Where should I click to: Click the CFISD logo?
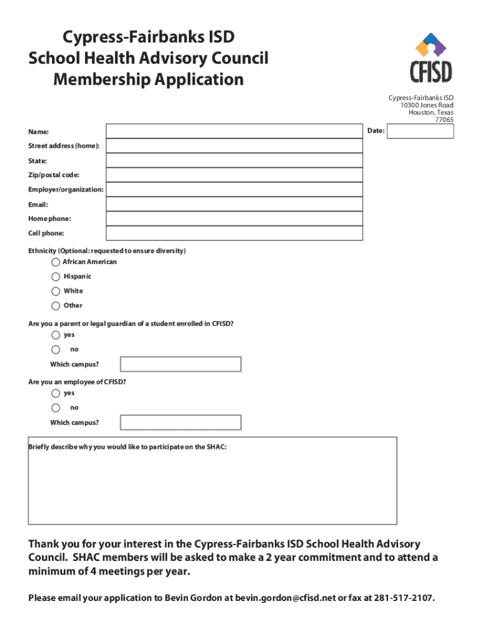point(431,58)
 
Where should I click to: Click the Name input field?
point(234,131)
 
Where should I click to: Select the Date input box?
point(420,131)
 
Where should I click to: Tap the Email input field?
point(234,204)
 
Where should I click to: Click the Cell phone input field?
point(234,233)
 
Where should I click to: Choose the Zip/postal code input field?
point(234,175)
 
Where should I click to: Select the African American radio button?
point(56,262)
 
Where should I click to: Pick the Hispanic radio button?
point(56,277)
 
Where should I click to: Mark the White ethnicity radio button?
point(56,291)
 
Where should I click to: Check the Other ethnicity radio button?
point(56,306)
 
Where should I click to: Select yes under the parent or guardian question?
point(56,335)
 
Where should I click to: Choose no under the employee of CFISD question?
point(56,408)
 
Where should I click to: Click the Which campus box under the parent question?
point(180,364)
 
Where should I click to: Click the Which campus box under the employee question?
point(180,423)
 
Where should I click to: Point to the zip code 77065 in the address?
point(444,120)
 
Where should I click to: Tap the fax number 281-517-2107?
point(403,598)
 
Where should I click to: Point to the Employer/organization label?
point(66,190)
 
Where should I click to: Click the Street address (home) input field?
point(234,146)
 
